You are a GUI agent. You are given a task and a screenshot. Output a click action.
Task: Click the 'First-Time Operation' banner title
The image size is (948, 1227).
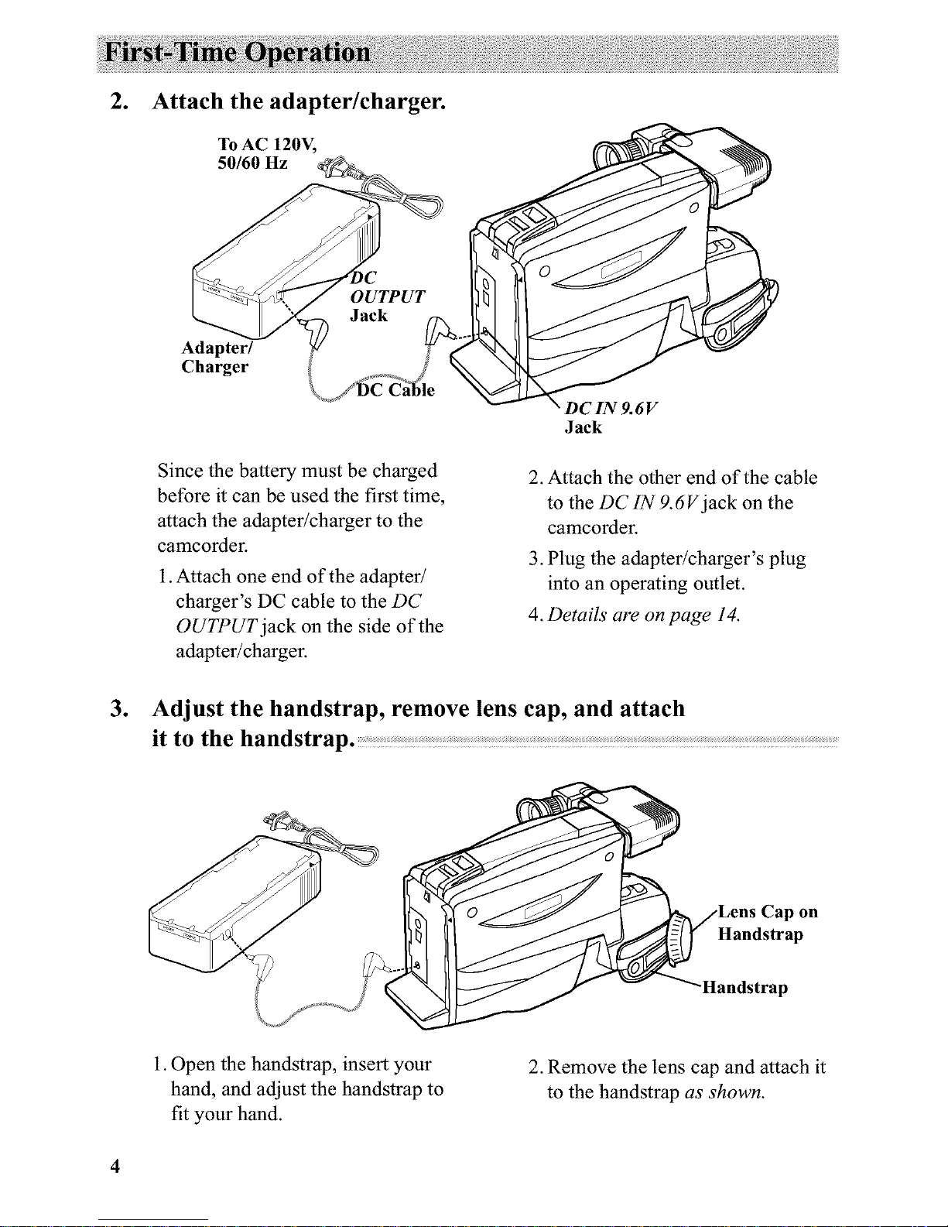240,53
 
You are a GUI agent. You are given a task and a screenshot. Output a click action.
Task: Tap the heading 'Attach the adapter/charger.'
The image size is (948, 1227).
299,101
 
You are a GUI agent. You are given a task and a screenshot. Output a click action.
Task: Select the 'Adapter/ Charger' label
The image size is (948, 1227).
214,357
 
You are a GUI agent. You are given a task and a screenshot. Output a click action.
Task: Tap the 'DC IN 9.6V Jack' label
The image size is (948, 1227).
611,418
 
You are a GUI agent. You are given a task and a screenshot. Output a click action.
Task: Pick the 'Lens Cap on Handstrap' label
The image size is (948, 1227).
767,923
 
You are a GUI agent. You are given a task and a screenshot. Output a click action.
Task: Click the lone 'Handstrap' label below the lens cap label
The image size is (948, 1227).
744,988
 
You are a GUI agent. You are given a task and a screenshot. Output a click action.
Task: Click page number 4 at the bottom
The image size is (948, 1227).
115,1167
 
